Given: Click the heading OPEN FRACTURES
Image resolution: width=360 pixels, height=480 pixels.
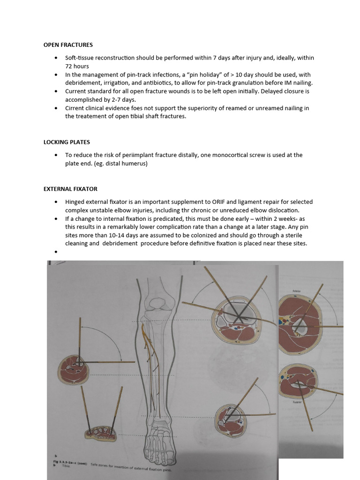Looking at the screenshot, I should tap(68, 45).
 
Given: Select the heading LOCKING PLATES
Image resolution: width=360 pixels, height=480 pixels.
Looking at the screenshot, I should tap(67, 142).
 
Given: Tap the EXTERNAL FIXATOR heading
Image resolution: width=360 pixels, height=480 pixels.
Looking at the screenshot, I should tap(70, 189).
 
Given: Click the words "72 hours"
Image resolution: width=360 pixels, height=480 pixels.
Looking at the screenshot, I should tap(77, 66).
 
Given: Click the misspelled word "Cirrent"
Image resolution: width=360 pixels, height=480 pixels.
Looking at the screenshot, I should tap(75, 108).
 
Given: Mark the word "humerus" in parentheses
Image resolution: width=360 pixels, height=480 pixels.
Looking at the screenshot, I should tap(136, 164).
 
